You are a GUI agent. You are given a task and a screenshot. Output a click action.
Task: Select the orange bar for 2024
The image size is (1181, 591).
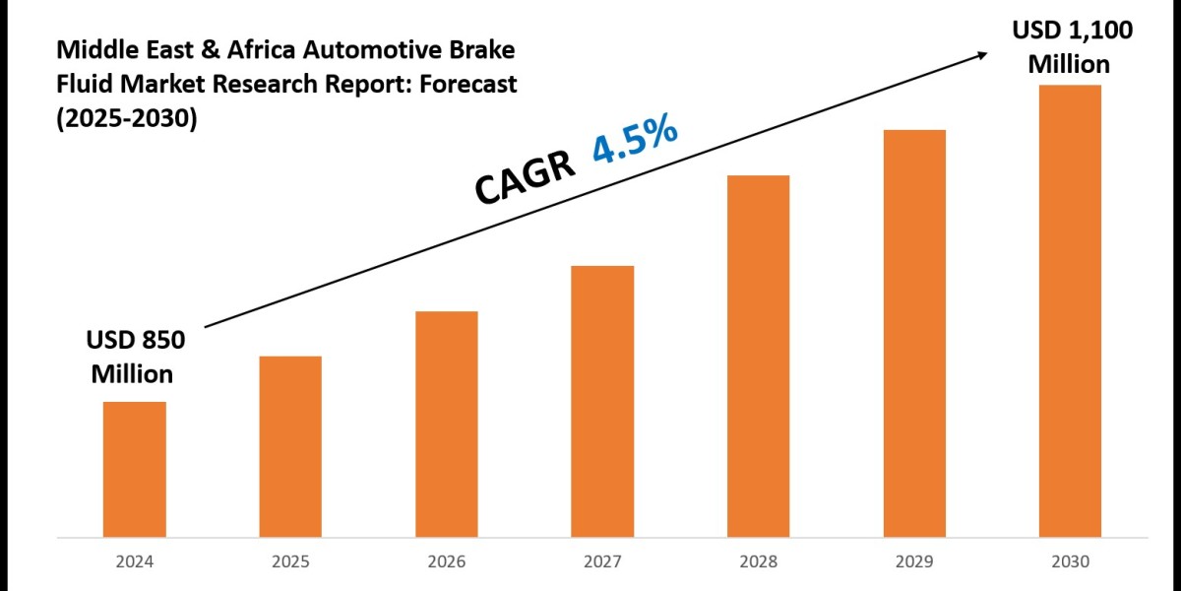tap(134, 470)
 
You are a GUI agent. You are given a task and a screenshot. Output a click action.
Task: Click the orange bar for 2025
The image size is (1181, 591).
tap(290, 447)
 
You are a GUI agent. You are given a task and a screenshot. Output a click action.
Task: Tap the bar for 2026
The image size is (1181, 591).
tap(447, 425)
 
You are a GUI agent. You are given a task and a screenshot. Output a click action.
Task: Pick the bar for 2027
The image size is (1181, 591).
tap(602, 402)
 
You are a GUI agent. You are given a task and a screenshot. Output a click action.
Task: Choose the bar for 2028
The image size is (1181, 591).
tap(759, 357)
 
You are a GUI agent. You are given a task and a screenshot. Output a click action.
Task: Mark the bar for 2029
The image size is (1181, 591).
tap(914, 334)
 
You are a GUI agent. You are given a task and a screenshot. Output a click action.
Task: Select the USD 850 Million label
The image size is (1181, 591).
tap(134, 358)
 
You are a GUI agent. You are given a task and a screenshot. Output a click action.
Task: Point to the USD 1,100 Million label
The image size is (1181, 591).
tap(1072, 47)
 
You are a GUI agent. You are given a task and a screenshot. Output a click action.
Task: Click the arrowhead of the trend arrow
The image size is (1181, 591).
tap(984, 54)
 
